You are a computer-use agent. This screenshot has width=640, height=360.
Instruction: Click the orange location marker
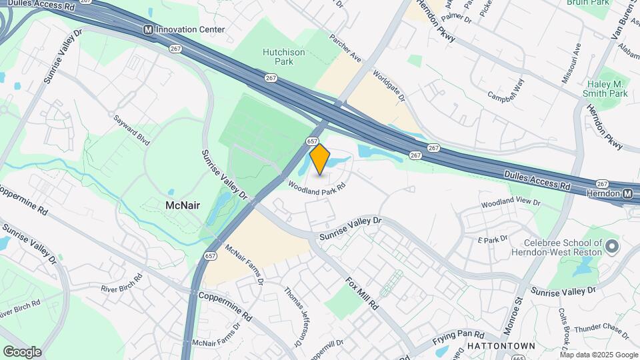(x=320, y=159)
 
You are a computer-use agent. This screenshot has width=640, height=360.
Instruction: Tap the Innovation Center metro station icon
(x=148, y=30)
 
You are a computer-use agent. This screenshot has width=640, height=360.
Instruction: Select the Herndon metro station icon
(x=628, y=193)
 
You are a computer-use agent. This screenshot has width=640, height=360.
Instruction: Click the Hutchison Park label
(x=283, y=57)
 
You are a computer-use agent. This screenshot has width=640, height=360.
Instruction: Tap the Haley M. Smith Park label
(x=605, y=89)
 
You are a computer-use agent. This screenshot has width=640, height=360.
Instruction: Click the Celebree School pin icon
(x=611, y=249)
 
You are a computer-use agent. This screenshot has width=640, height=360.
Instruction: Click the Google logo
(x=22, y=352)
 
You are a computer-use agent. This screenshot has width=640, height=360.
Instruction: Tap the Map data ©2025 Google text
(x=599, y=355)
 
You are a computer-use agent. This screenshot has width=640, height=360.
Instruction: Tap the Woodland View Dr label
(x=511, y=201)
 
